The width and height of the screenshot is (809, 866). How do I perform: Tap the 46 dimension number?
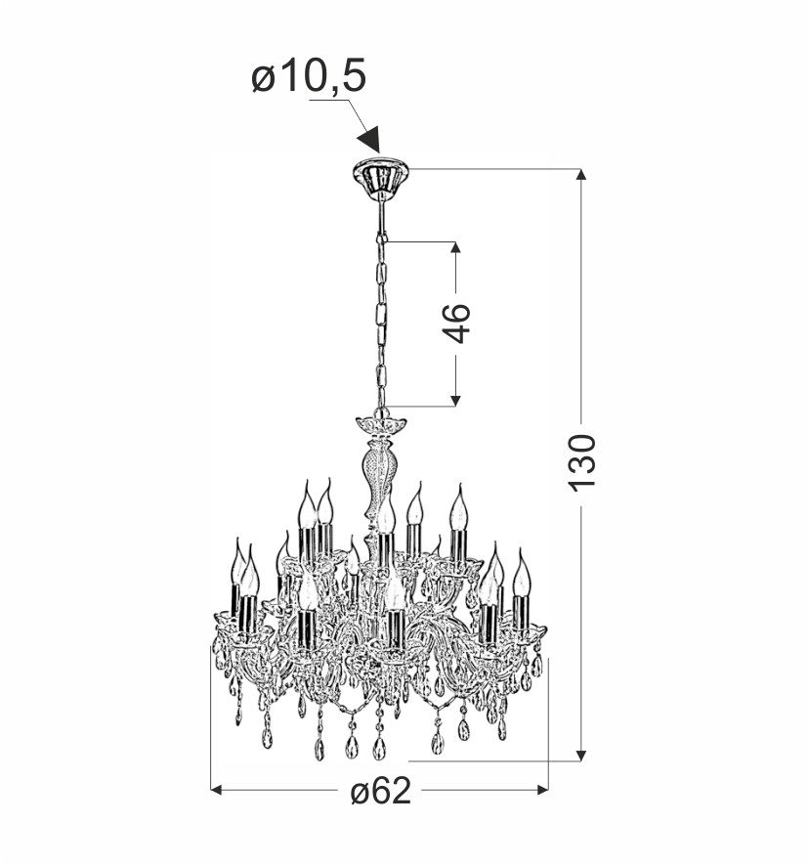pos(456,324)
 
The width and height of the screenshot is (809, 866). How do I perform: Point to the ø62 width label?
pos(381,791)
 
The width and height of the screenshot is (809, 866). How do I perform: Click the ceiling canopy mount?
pos(381,175)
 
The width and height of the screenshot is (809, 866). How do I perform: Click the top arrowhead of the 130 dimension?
pos(580,175)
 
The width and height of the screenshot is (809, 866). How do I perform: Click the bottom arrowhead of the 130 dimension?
pos(580,756)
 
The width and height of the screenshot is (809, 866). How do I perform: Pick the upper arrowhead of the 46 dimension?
pos(455,248)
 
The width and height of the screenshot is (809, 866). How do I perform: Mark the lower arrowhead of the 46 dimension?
pos(455,401)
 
